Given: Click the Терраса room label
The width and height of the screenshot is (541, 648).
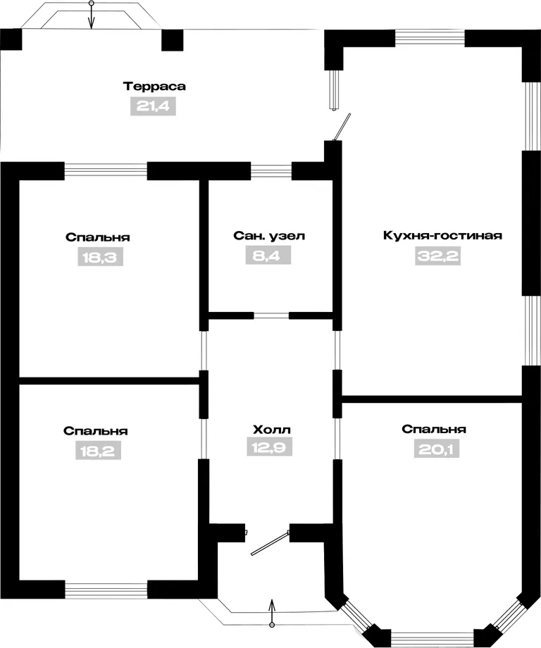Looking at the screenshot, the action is [154, 87].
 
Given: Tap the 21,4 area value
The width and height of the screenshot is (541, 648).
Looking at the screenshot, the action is [153, 106].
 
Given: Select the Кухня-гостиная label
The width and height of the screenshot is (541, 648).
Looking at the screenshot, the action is [442, 235].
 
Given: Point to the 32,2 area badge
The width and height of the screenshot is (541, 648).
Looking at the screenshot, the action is [437, 256].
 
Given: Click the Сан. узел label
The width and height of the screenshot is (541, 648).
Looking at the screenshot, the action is [269, 236].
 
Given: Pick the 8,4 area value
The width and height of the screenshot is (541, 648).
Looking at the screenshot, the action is [268, 256].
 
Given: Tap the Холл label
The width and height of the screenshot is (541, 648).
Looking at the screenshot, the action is [271, 430].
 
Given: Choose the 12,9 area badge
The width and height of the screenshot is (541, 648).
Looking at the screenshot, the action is [270, 447].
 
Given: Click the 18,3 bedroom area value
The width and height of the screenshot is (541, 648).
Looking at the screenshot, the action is [101, 257].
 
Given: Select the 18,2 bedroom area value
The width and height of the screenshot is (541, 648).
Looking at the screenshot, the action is [98, 451].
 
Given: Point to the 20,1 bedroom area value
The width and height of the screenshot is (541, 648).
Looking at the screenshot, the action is [437, 449].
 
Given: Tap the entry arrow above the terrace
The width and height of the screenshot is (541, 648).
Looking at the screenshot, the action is [92, 15].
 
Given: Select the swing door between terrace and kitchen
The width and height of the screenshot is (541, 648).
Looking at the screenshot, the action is [342, 127].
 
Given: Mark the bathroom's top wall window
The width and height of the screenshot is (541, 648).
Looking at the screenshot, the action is [271, 171].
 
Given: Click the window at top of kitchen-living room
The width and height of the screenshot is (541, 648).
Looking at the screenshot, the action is [430, 38].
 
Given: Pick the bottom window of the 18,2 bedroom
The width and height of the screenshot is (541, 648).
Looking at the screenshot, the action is [106, 590].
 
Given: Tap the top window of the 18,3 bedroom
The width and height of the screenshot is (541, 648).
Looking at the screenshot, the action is [106, 171].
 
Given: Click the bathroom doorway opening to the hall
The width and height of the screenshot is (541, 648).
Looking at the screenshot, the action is [271, 316].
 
